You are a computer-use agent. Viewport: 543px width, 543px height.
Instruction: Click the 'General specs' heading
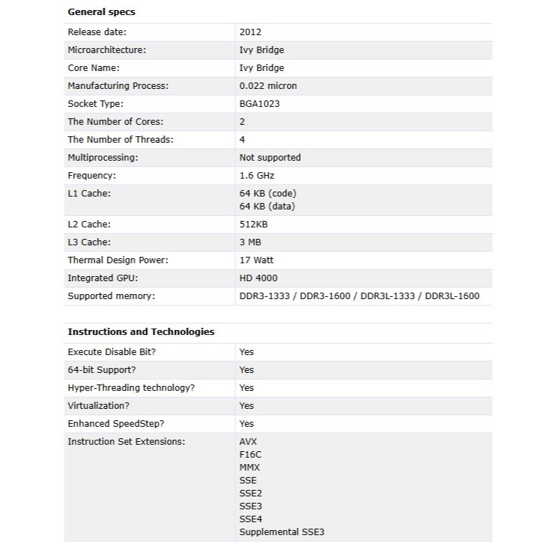tap(101, 12)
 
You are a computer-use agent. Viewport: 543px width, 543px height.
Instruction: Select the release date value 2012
tap(250, 32)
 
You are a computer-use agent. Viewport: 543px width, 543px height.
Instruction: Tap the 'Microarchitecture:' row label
tap(106, 50)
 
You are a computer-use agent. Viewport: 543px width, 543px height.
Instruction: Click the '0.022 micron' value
tap(268, 86)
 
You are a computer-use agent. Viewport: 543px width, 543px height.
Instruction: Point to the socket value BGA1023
tap(259, 104)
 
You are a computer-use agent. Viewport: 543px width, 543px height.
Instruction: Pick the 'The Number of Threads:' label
tap(121, 140)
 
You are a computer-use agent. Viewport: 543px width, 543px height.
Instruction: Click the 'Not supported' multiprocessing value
tap(270, 158)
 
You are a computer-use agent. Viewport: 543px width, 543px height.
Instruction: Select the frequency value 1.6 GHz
tap(257, 176)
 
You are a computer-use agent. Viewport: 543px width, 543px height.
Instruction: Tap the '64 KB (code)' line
tap(268, 194)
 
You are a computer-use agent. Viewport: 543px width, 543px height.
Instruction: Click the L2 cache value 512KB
tap(253, 225)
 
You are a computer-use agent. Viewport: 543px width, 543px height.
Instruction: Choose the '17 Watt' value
tap(256, 260)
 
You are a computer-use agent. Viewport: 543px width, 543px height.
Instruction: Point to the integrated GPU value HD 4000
tap(258, 278)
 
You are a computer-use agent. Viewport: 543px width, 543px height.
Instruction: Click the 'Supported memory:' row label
tap(111, 296)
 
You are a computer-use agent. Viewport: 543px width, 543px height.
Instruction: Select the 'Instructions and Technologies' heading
tap(141, 332)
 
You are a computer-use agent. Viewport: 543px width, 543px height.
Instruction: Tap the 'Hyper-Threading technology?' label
tap(131, 388)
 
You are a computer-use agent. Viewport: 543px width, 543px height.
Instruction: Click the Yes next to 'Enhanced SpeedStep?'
tap(247, 424)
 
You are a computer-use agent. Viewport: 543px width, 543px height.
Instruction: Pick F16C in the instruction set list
tap(250, 455)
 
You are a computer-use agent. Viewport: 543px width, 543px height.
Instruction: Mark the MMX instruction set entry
tap(250, 468)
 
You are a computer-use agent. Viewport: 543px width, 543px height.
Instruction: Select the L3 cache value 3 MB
tap(250, 242)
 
